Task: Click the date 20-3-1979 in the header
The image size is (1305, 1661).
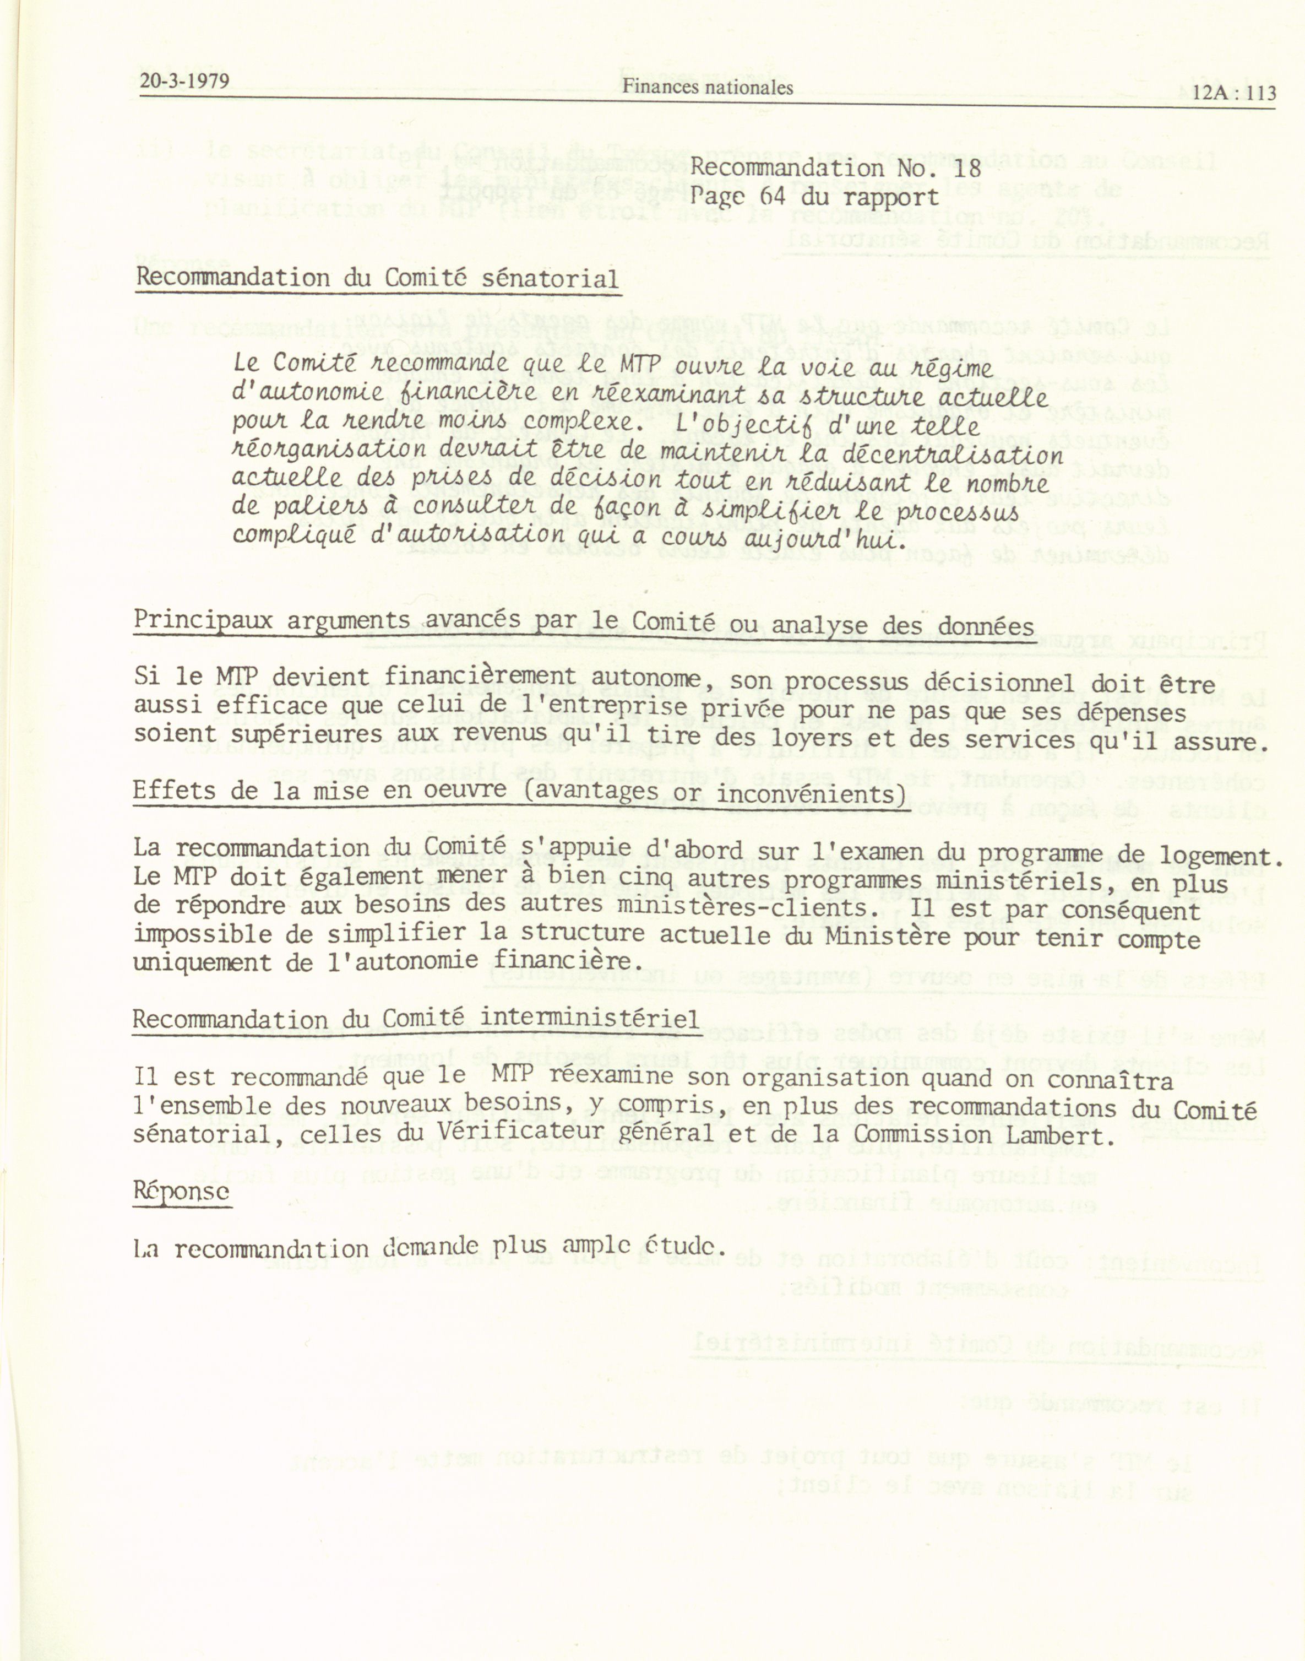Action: pos(184,80)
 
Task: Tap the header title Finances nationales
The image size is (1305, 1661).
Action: pos(707,87)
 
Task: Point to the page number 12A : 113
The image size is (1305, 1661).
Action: pos(1234,93)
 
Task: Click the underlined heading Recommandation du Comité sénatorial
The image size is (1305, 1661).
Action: pos(377,278)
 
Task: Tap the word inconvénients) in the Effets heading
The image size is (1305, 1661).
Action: pos(811,794)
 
